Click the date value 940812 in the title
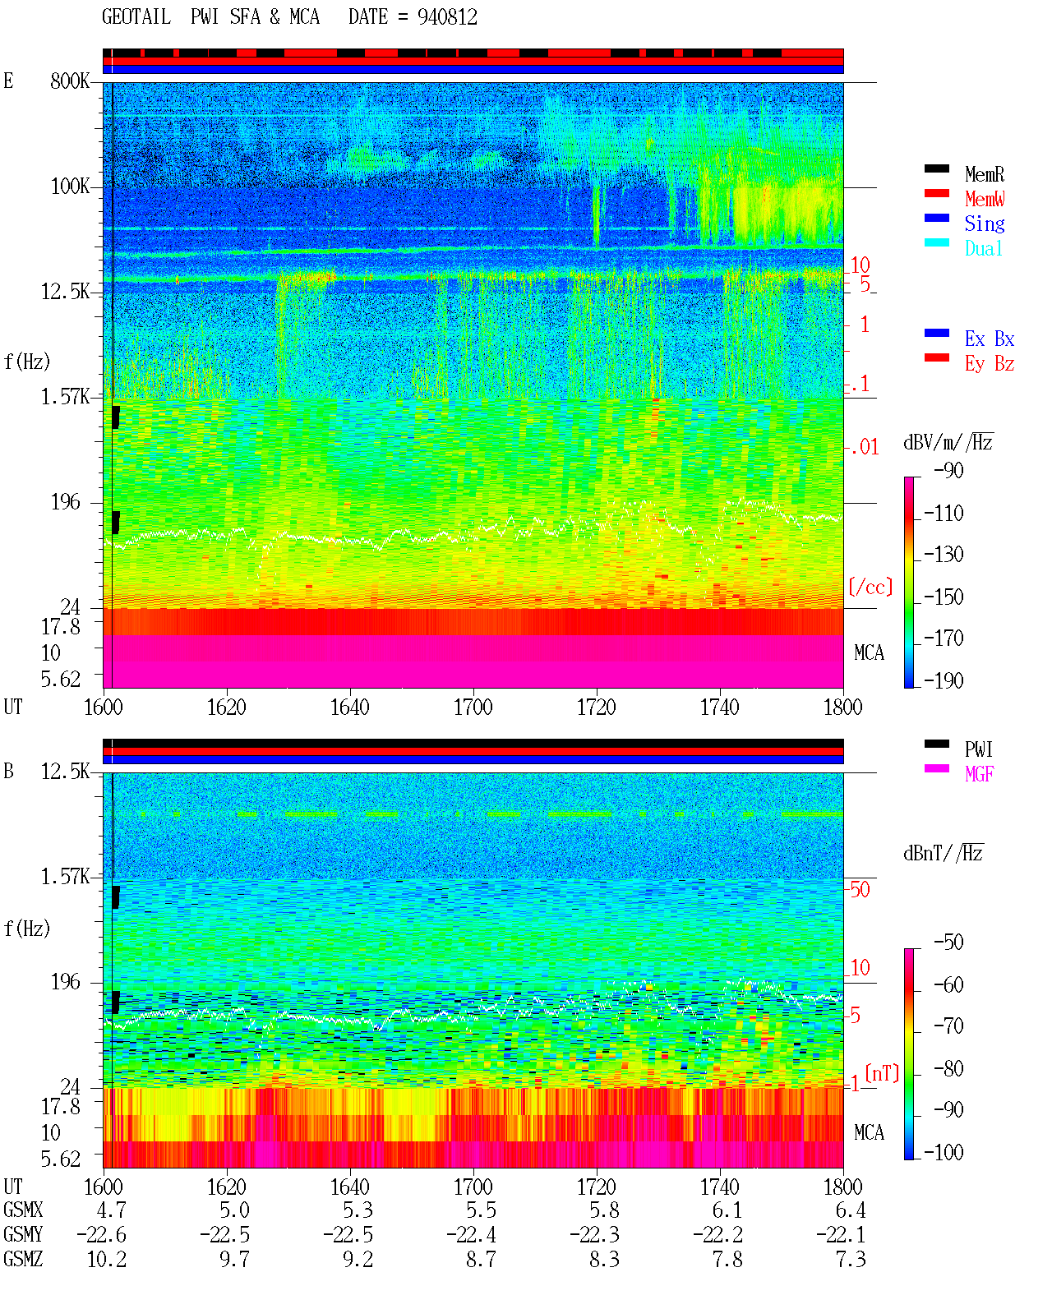tap(447, 17)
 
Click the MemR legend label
tap(985, 174)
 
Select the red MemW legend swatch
tap(936, 193)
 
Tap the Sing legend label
tap(985, 224)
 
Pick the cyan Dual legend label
tap(983, 248)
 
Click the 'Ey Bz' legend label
tap(990, 364)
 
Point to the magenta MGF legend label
tap(979, 774)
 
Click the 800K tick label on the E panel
tap(70, 81)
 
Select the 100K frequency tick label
tap(70, 187)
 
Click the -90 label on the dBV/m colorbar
tap(948, 470)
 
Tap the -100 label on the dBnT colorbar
tap(944, 1152)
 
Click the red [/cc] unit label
tap(870, 587)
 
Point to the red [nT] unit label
tap(882, 1073)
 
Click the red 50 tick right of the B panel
tap(860, 889)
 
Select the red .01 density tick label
tap(864, 448)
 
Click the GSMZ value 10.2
tap(107, 1259)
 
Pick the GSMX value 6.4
tap(851, 1210)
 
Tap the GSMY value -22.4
tap(471, 1235)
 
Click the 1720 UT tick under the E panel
tap(597, 708)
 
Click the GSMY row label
tap(23, 1235)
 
